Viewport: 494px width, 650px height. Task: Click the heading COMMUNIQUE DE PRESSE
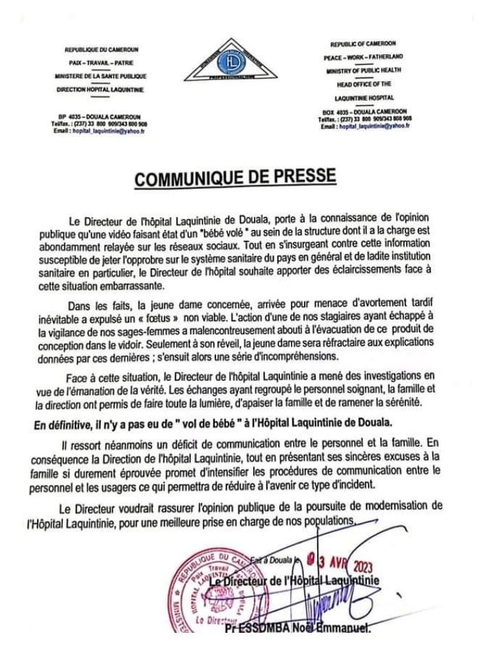(x=236, y=178)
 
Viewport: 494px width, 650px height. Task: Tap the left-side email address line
(x=99, y=130)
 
